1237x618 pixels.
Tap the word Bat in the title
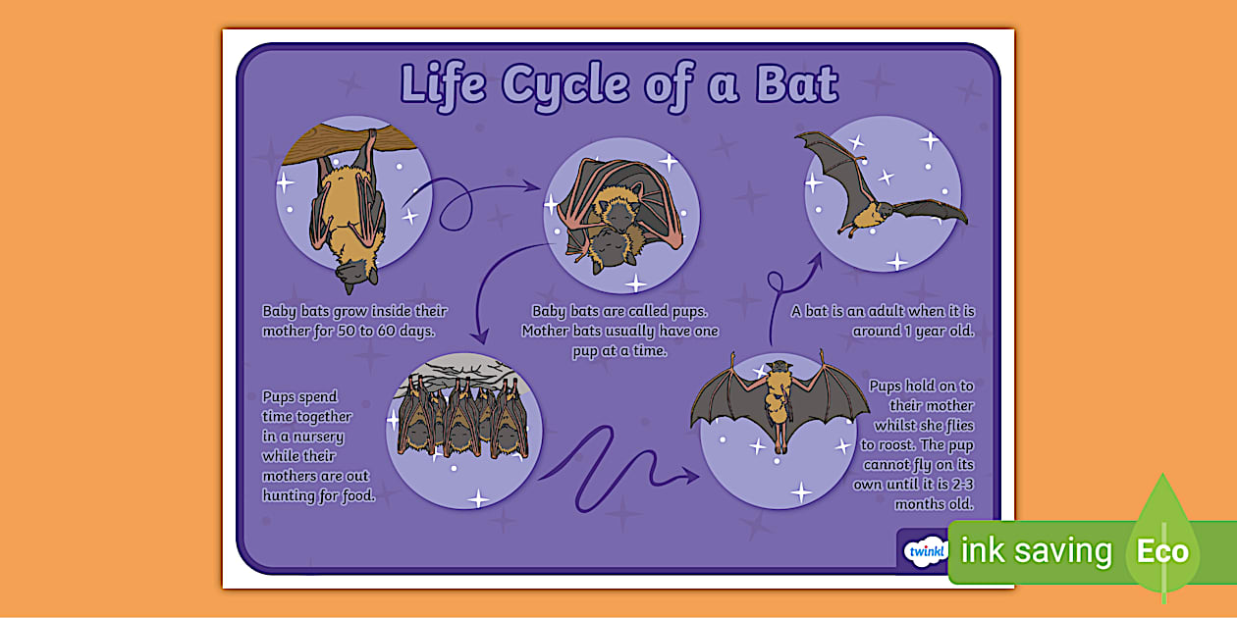pyautogui.click(x=796, y=84)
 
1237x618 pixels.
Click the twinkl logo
pyautogui.click(x=923, y=550)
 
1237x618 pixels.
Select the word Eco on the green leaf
pyautogui.click(x=1162, y=550)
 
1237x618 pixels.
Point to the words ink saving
pyautogui.click(x=1036, y=550)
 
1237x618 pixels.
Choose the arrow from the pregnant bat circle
pyautogui.click(x=471, y=196)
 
